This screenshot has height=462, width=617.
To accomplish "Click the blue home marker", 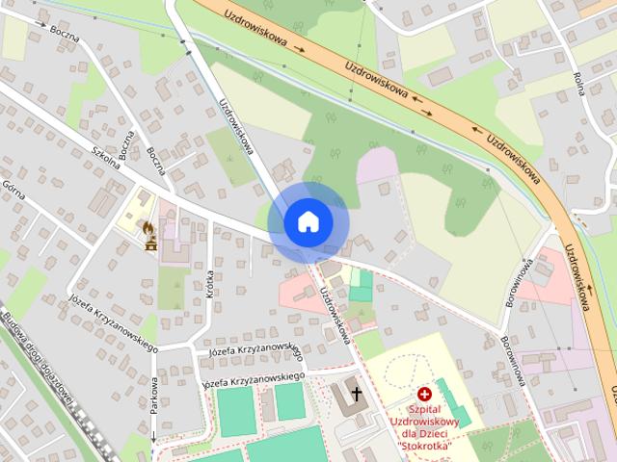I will tap(308, 221).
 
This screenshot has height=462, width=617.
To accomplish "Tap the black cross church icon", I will tap(357, 393).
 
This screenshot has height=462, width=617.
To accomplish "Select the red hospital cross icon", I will tap(424, 394).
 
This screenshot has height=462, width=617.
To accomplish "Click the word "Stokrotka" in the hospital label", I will tap(425, 445).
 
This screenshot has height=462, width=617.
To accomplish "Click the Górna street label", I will tap(13, 190).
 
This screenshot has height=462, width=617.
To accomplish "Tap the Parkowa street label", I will tap(153, 395).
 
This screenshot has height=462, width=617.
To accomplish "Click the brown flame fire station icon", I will tap(149, 229).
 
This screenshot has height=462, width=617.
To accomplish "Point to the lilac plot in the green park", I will tap(378, 167).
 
